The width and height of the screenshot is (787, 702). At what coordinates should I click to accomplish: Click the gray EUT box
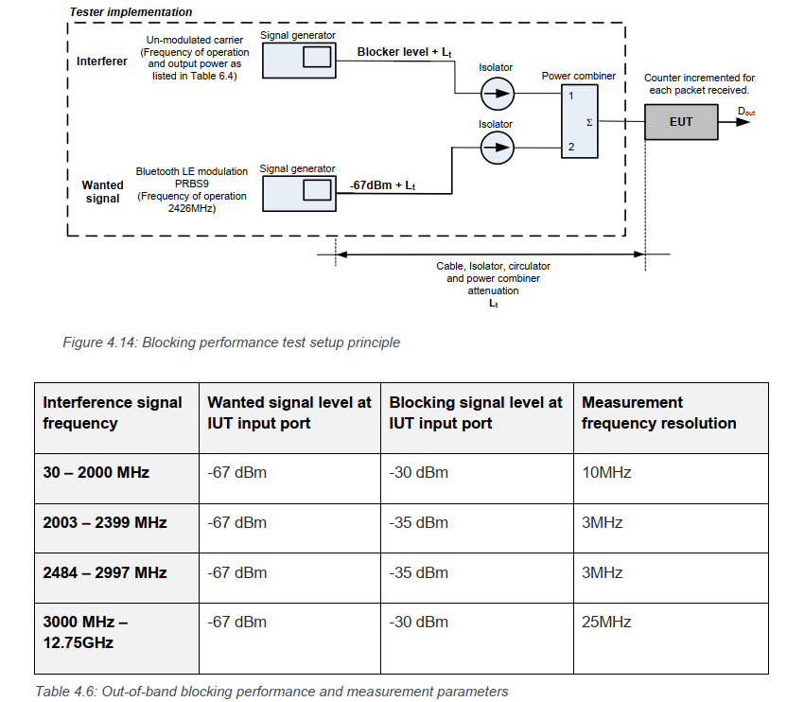pyautogui.click(x=680, y=121)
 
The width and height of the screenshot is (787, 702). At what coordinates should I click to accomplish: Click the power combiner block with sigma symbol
pyautogui.click(x=578, y=120)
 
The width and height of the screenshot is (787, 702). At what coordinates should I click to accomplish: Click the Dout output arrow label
pyautogui.click(x=747, y=111)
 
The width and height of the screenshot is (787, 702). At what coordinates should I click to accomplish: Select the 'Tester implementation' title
pyautogui.click(x=131, y=12)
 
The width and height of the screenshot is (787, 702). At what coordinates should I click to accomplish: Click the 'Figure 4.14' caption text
pyautogui.click(x=231, y=342)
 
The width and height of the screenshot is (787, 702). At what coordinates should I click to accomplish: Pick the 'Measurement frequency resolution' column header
pyautogui.click(x=658, y=412)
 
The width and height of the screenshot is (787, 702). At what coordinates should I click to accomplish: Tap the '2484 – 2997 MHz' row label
pyautogui.click(x=104, y=572)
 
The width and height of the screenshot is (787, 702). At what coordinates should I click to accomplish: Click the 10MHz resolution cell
pyautogui.click(x=606, y=472)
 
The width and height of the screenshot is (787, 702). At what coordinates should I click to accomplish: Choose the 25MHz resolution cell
pyautogui.click(x=606, y=622)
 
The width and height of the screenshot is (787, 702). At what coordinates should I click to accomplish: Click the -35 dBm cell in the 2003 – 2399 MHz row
pyautogui.click(x=418, y=522)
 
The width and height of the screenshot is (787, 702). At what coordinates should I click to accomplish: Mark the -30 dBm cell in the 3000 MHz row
pyautogui.click(x=418, y=622)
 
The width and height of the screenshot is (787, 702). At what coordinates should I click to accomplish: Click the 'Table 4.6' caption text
pyautogui.click(x=271, y=691)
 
